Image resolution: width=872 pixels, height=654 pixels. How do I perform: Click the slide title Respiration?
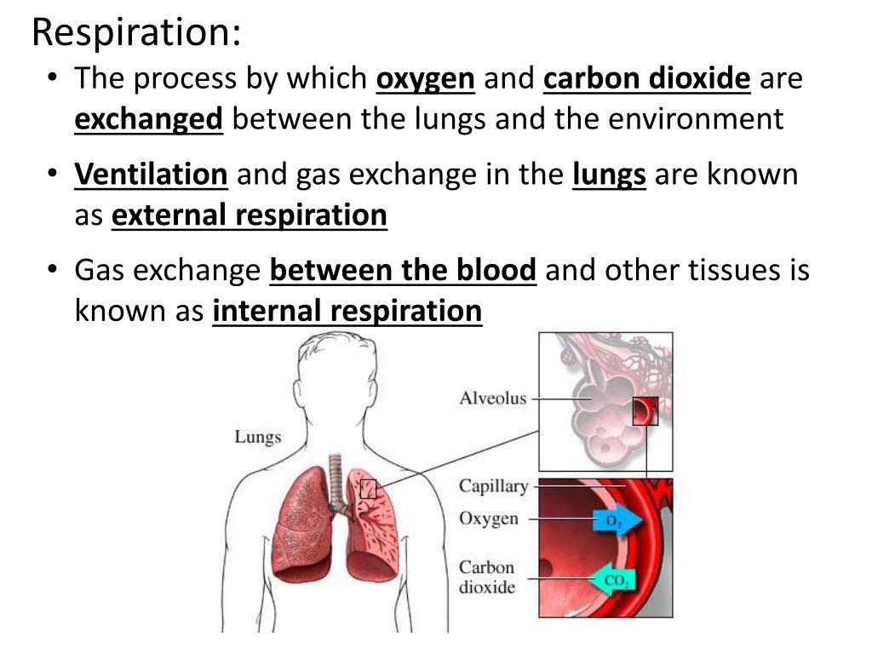[136, 32]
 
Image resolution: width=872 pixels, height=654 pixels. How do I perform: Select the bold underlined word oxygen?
[425, 79]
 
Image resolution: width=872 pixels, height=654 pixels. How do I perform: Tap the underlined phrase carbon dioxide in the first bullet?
[646, 79]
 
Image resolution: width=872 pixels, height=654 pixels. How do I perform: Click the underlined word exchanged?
[148, 119]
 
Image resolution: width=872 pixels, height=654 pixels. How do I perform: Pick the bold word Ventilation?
[151, 175]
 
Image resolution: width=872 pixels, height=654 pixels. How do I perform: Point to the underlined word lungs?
[609, 175]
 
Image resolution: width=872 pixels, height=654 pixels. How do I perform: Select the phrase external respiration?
[250, 215]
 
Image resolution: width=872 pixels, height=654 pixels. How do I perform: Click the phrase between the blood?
[403, 271]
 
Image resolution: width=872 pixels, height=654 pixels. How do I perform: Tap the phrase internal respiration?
[347, 311]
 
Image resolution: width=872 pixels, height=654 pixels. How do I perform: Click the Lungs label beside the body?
[257, 437]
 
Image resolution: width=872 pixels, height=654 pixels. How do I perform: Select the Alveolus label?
[493, 398]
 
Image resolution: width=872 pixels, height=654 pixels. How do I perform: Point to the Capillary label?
[494, 486]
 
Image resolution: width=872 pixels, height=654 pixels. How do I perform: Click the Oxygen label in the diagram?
[489, 519]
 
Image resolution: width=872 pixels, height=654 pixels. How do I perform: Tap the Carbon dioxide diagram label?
[487, 577]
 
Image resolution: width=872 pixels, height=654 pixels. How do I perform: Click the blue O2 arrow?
[616, 521]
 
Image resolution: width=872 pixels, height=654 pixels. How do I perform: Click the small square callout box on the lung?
[368, 489]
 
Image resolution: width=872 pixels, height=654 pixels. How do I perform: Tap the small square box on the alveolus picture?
[645, 411]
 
